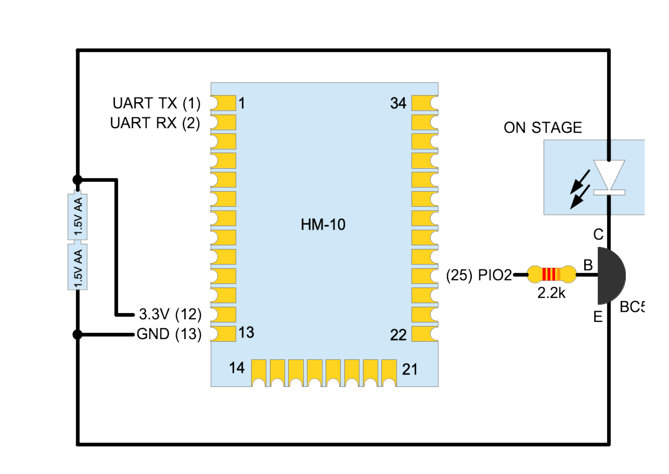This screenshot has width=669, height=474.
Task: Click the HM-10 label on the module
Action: click(x=323, y=225)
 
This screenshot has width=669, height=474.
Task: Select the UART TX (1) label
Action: click(x=156, y=104)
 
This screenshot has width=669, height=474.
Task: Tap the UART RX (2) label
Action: click(x=155, y=123)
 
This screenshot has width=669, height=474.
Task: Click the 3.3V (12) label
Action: click(x=170, y=315)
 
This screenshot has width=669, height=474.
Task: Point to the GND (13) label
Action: click(x=169, y=334)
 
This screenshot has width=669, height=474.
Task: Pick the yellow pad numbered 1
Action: click(x=223, y=103)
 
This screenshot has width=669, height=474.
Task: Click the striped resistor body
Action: click(x=551, y=274)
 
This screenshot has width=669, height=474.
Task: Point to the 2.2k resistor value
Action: click(x=551, y=293)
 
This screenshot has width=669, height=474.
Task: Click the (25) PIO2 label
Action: click(x=479, y=276)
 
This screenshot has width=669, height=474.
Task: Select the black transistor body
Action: click(x=610, y=276)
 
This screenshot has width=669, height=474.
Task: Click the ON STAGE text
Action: click(x=543, y=128)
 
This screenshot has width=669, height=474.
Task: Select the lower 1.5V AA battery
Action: click(x=78, y=266)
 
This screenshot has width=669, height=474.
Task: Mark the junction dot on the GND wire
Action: click(x=78, y=334)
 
